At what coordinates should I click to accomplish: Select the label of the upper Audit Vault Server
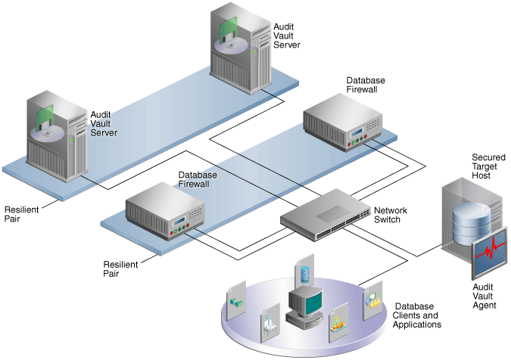tap(287, 35)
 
